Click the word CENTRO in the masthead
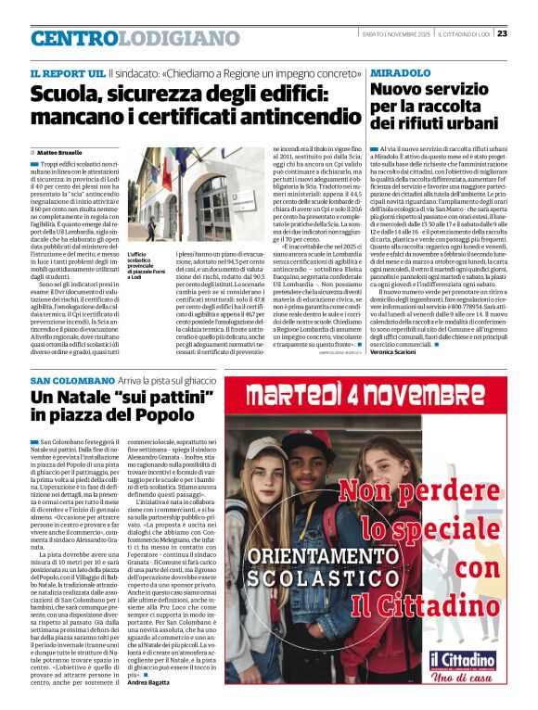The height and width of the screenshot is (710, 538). pyautogui.click(x=75, y=39)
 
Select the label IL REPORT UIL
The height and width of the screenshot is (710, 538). pyautogui.click(x=66, y=71)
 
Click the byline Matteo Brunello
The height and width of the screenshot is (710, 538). pyautogui.click(x=62, y=152)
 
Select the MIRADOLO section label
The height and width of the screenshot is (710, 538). pyautogui.click(x=404, y=71)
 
